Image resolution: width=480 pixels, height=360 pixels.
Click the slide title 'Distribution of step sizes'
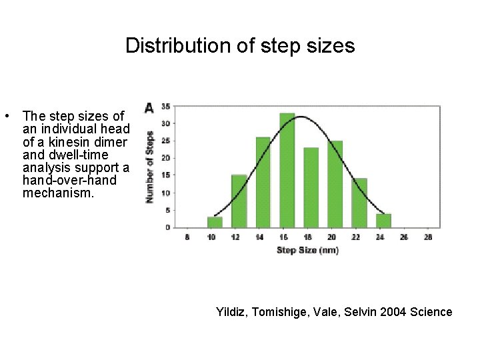(x=240, y=45)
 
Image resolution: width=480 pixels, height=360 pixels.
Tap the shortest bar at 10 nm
(x=215, y=221)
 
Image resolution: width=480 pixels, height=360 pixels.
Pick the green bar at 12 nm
(x=239, y=201)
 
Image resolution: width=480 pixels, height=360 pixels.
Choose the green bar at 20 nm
(x=335, y=184)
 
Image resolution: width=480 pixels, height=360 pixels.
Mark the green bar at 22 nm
(x=359, y=203)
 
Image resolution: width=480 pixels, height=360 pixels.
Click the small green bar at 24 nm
(x=383, y=220)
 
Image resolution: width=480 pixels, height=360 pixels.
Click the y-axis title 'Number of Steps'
(x=150, y=167)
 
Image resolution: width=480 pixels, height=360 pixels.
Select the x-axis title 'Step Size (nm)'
(x=307, y=250)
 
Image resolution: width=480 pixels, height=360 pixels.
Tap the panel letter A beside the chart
(x=149, y=107)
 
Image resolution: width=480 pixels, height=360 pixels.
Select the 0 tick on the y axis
(x=167, y=227)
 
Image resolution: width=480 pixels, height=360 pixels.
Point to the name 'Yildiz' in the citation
(x=232, y=312)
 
